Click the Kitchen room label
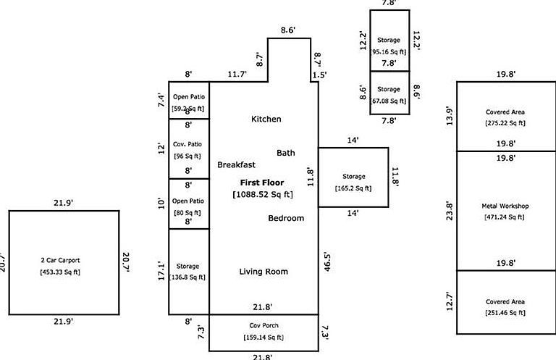click(x=266, y=119)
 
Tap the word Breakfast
click(x=236, y=165)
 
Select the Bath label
click(x=286, y=153)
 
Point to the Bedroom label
click(x=286, y=218)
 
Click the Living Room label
click(x=264, y=272)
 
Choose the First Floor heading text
click(x=262, y=183)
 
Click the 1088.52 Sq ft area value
click(x=262, y=194)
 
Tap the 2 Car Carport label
click(x=64, y=261)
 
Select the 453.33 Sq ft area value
click(x=64, y=272)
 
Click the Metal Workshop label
click(x=505, y=206)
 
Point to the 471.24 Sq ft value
click(x=505, y=217)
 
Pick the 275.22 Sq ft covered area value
click(x=505, y=123)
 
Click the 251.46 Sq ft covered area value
click(x=505, y=312)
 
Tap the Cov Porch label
click(x=264, y=326)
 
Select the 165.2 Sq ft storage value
click(x=353, y=188)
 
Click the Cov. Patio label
click(x=188, y=143)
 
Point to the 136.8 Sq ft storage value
click(x=188, y=277)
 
